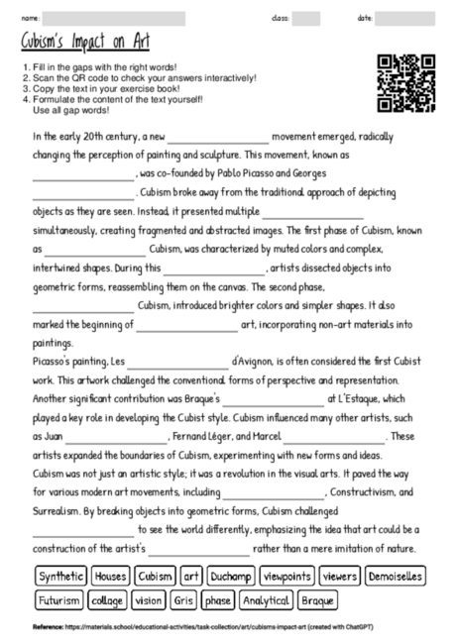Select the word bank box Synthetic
tap(60, 576)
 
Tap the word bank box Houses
tap(110, 576)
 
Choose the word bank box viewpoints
tap(287, 576)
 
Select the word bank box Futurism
tap(57, 600)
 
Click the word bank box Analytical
tap(266, 600)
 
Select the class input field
tap(305, 18)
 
